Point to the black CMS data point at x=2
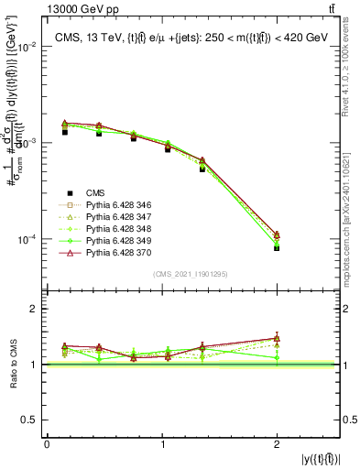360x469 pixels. click(x=277, y=247)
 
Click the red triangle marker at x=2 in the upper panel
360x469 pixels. click(x=277, y=235)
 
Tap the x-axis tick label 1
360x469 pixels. click(x=162, y=444)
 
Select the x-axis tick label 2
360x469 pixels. click(x=277, y=444)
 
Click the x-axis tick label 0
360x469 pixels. click(x=47, y=444)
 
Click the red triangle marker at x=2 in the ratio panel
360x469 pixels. click(x=277, y=338)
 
